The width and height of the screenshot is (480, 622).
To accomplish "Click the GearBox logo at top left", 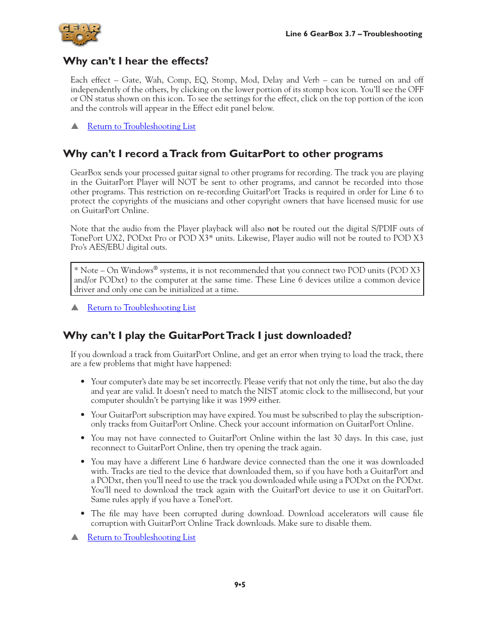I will [x=79, y=34].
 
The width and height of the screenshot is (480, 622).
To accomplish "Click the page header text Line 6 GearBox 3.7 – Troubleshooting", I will [x=354, y=34].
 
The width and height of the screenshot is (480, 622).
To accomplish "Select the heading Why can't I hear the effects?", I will [x=135, y=61].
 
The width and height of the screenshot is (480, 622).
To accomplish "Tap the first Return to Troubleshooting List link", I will [x=141, y=126].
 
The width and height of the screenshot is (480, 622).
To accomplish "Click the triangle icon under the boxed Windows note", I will [x=75, y=307].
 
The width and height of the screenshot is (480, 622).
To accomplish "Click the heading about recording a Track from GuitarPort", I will [x=223, y=154].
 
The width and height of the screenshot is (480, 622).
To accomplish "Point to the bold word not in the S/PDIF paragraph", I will [x=273, y=229].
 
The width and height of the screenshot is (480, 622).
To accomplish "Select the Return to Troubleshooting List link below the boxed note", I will [x=141, y=308].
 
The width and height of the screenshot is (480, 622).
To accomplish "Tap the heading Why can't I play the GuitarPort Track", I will [x=207, y=336].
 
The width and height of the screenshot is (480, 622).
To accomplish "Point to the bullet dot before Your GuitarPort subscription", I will [x=83, y=414].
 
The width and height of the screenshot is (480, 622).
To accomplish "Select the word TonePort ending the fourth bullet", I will [x=215, y=500].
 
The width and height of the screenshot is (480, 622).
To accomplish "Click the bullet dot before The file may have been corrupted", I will [x=83, y=513].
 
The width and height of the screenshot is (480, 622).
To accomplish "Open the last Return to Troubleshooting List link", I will [x=141, y=537].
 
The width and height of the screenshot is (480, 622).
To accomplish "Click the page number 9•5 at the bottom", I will [x=240, y=585].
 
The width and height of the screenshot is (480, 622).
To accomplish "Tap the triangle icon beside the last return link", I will [x=75, y=537].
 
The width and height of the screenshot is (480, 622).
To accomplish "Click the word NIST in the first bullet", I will [x=267, y=391].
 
